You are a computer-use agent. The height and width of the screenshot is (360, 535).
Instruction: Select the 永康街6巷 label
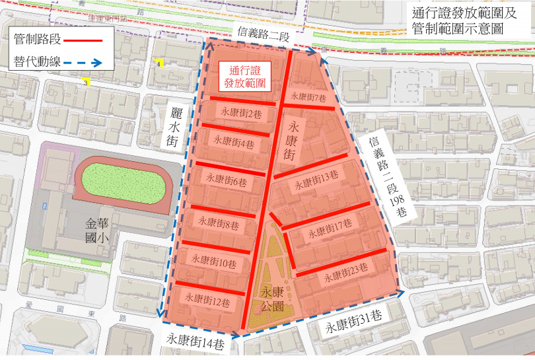click(226, 180)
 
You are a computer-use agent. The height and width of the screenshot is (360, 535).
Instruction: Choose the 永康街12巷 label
click(207, 302)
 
